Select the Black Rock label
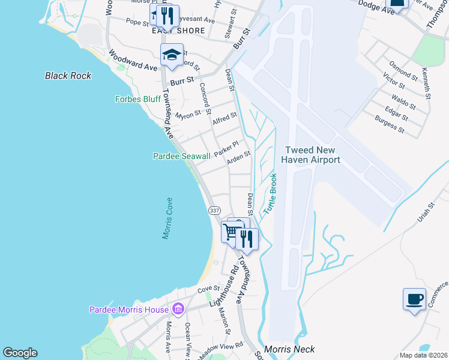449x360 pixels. pyautogui.click(x=68, y=76)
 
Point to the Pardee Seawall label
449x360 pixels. pyautogui.click(x=181, y=157)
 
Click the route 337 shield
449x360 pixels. pyautogui.click(x=214, y=211)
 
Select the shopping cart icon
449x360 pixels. pyautogui.click(x=231, y=232)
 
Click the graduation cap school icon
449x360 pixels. pyautogui.click(x=172, y=55)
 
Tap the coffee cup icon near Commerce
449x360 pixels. pyautogui.click(x=414, y=298)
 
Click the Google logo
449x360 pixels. pyautogui.click(x=19, y=353)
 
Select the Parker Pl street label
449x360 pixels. pyautogui.click(x=227, y=148)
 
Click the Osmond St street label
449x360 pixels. pyautogui.click(x=403, y=71)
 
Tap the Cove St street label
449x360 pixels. pyautogui.click(x=209, y=290)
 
